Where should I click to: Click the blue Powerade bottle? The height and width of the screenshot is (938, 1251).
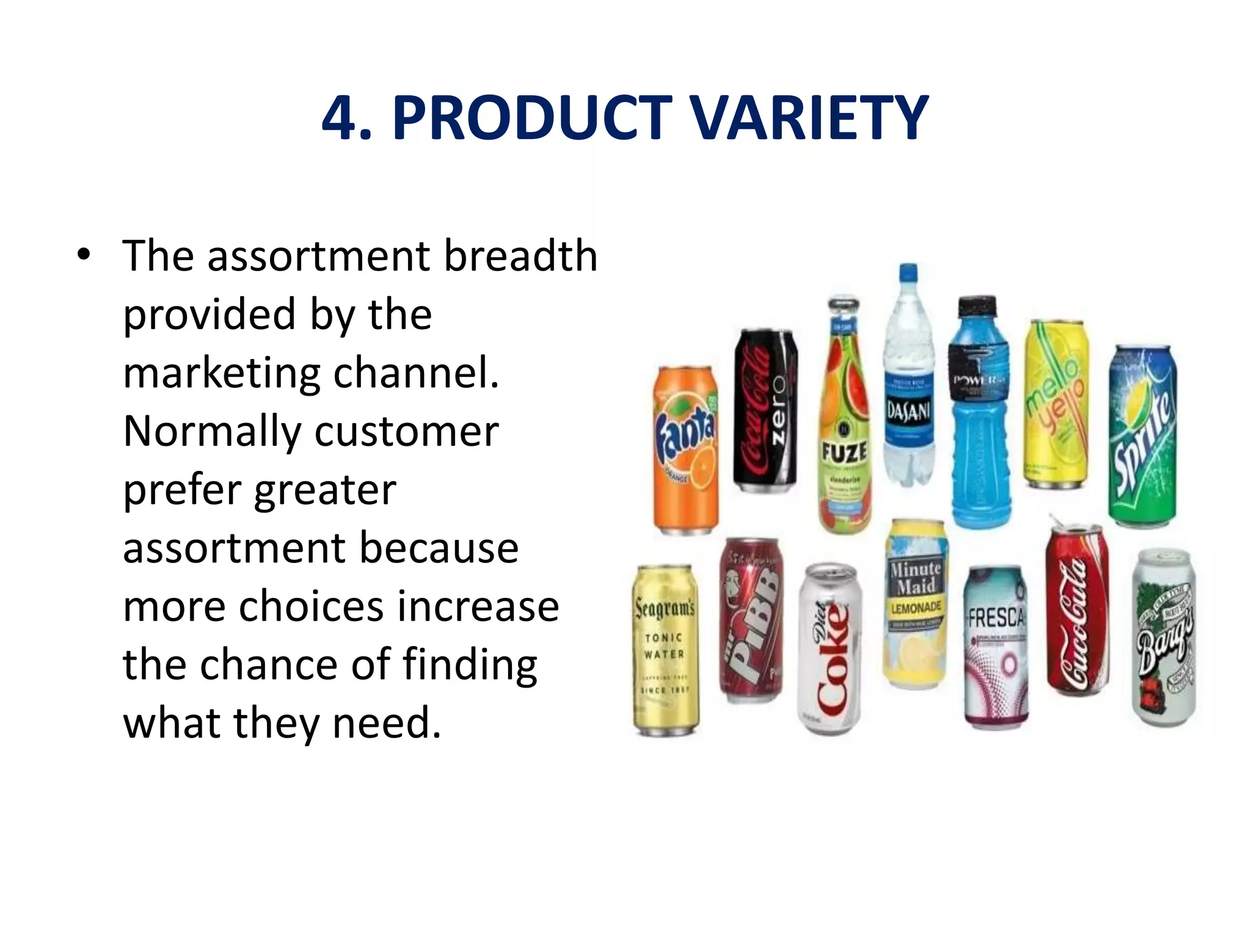979,415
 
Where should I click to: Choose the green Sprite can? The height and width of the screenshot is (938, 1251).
1143,436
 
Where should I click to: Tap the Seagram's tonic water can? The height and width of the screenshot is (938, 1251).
665,650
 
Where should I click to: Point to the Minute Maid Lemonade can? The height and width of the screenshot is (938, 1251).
916,605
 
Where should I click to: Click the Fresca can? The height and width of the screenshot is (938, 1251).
996,647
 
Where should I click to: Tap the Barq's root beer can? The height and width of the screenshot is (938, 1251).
1164,638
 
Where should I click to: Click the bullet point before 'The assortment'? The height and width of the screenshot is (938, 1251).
84,255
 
